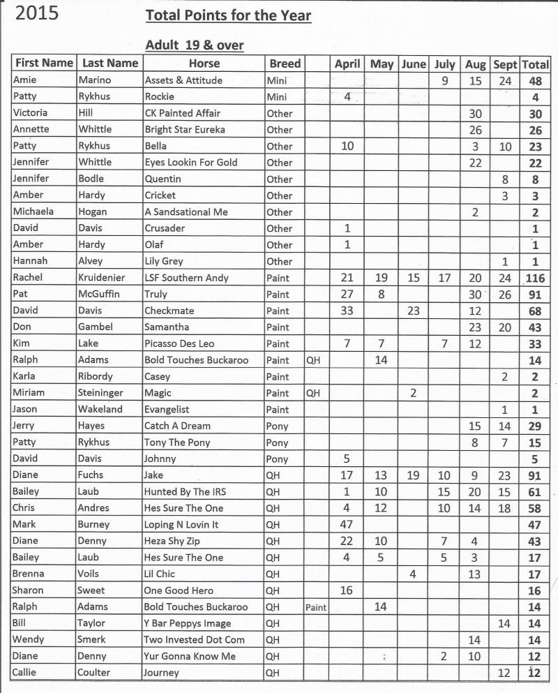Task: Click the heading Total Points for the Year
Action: (x=228, y=15)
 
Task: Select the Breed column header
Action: (x=285, y=63)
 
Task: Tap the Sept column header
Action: (x=505, y=64)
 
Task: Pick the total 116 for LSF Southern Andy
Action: (x=536, y=278)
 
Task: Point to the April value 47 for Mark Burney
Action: (x=347, y=524)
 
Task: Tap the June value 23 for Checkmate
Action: (x=414, y=311)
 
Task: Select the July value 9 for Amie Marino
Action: (x=444, y=80)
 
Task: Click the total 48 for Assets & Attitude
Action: (x=536, y=80)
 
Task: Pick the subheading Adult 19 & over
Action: (x=194, y=45)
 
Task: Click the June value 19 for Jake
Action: (x=414, y=475)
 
